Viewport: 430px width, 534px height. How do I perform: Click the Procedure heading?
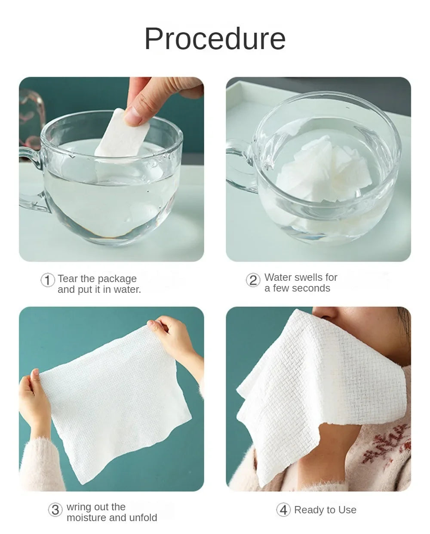(215, 39)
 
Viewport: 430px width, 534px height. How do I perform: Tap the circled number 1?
(47, 280)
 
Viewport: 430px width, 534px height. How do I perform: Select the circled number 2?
(253, 280)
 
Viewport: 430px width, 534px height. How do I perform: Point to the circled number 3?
(55, 510)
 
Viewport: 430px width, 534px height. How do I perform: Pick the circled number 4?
(283, 510)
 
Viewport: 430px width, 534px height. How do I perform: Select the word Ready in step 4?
(308, 510)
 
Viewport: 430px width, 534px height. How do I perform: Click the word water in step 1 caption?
(128, 289)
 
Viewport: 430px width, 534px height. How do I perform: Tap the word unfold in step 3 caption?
(144, 518)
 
